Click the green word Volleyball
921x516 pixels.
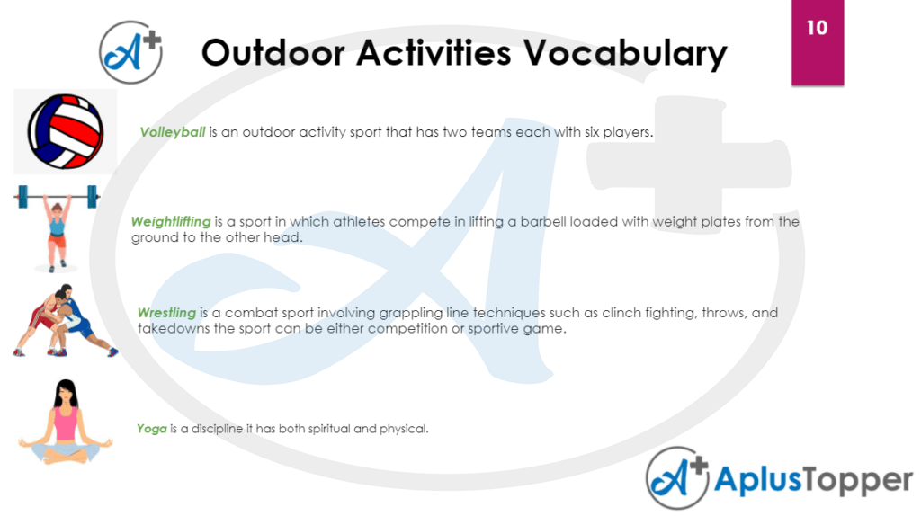coord(173,132)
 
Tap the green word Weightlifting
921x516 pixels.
coord(171,221)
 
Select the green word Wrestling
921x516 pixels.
coord(166,313)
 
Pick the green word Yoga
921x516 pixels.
coord(152,429)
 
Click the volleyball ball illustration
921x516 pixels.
coord(65,131)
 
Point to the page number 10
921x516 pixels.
coord(817,28)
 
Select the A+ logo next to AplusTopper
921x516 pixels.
coord(677,479)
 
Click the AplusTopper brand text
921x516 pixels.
coord(813,481)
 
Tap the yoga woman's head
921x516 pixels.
coord(66,392)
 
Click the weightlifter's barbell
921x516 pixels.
coord(56,193)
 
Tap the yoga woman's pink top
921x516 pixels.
coord(66,423)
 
